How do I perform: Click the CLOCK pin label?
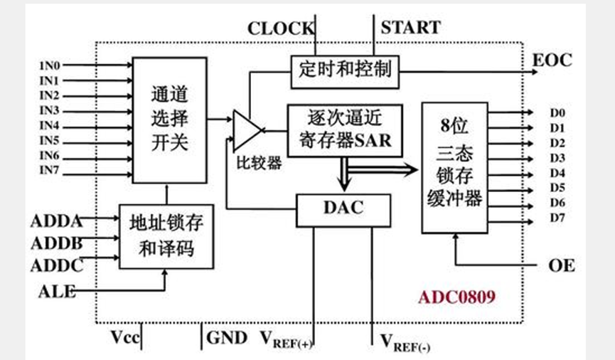(279, 28)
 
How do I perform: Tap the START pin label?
(410, 28)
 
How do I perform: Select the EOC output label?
(552, 60)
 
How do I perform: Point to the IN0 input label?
(49, 65)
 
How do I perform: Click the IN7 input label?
(49, 171)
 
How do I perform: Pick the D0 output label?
(557, 113)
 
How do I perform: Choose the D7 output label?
(557, 218)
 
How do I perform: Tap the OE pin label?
(561, 266)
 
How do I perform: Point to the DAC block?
(343, 208)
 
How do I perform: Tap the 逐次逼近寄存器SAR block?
(345, 130)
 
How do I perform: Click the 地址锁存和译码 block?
(166, 236)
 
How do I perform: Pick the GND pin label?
(226, 337)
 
